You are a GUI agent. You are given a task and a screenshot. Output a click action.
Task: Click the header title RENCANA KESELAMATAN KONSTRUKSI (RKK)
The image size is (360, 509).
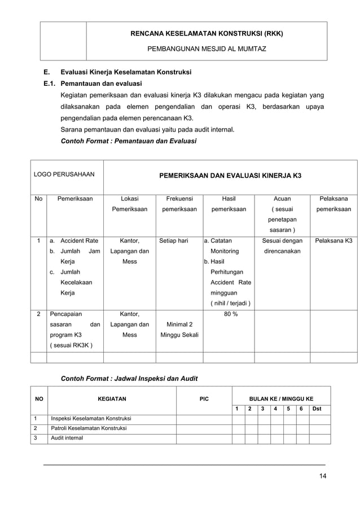[x=207, y=34]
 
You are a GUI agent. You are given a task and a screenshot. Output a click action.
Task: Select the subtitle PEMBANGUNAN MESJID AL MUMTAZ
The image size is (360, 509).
[x=207, y=49]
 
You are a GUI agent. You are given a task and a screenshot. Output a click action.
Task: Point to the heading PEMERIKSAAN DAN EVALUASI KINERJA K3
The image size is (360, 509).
[x=230, y=175]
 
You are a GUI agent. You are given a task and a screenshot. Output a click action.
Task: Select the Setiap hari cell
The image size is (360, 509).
[x=174, y=241]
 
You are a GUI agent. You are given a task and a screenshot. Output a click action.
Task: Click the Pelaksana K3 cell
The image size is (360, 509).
[x=333, y=241]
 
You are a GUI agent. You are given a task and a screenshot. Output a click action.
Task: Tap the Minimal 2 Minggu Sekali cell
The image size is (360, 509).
[x=177, y=330]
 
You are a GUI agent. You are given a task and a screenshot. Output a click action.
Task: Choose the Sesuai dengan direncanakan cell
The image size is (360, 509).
[x=282, y=246]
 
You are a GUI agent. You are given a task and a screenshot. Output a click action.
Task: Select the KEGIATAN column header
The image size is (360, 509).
[x=112, y=399]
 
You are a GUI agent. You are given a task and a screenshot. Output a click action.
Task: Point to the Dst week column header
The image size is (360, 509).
[x=317, y=409]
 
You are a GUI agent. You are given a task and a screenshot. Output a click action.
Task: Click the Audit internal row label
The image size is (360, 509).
[x=67, y=438]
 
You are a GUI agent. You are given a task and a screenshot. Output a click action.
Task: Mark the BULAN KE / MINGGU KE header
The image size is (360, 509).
[x=281, y=398]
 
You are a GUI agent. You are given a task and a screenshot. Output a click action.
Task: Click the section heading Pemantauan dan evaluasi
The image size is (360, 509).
[x=102, y=84]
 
